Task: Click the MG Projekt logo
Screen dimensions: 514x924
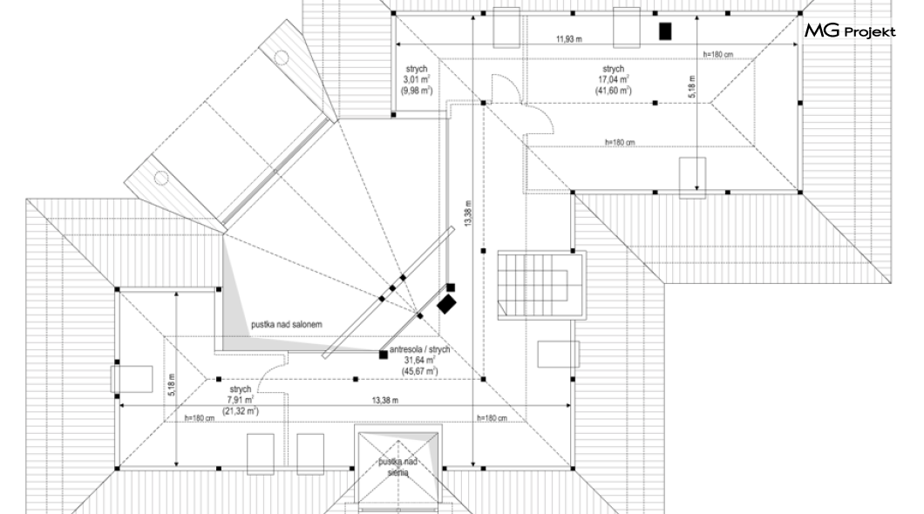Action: [849, 31]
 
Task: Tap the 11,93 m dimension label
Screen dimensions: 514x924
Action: [570, 39]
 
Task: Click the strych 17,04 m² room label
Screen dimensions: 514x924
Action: [613, 78]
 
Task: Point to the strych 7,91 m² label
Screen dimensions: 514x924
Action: [240, 400]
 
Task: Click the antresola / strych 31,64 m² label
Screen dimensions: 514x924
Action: [419, 360]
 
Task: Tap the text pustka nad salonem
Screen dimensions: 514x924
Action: [287, 324]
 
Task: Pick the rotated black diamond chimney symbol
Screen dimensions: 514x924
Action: [446, 304]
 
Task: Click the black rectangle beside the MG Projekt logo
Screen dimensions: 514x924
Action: [665, 31]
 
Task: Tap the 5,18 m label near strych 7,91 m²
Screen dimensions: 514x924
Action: [171, 384]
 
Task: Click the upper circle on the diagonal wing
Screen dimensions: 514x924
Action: [282, 57]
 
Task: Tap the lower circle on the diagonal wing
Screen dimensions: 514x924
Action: [161, 178]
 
